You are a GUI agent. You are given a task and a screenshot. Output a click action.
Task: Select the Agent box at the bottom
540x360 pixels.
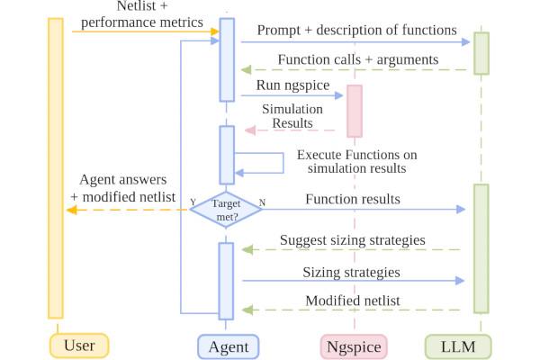pos(228,345)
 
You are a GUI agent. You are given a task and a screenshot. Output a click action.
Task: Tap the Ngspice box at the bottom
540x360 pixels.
pos(354,345)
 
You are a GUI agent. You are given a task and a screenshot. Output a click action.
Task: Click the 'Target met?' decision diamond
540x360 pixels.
pos(226,209)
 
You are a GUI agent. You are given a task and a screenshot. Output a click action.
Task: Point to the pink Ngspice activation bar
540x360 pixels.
pos(355,112)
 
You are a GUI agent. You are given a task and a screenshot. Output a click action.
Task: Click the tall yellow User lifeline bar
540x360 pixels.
pos(56,167)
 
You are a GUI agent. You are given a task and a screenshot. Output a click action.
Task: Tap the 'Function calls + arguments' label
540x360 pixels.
pos(357,58)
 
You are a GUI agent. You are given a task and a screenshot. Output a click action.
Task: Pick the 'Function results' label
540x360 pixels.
pos(353,199)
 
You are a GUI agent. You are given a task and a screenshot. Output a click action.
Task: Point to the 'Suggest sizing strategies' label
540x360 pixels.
pos(352,240)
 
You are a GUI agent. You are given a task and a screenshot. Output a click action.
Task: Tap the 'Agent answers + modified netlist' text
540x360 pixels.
pos(122,187)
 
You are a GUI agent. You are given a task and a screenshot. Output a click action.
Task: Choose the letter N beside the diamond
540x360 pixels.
pos(262,202)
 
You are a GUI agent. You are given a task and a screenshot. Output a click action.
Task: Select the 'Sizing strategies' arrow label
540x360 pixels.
pos(352,270)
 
